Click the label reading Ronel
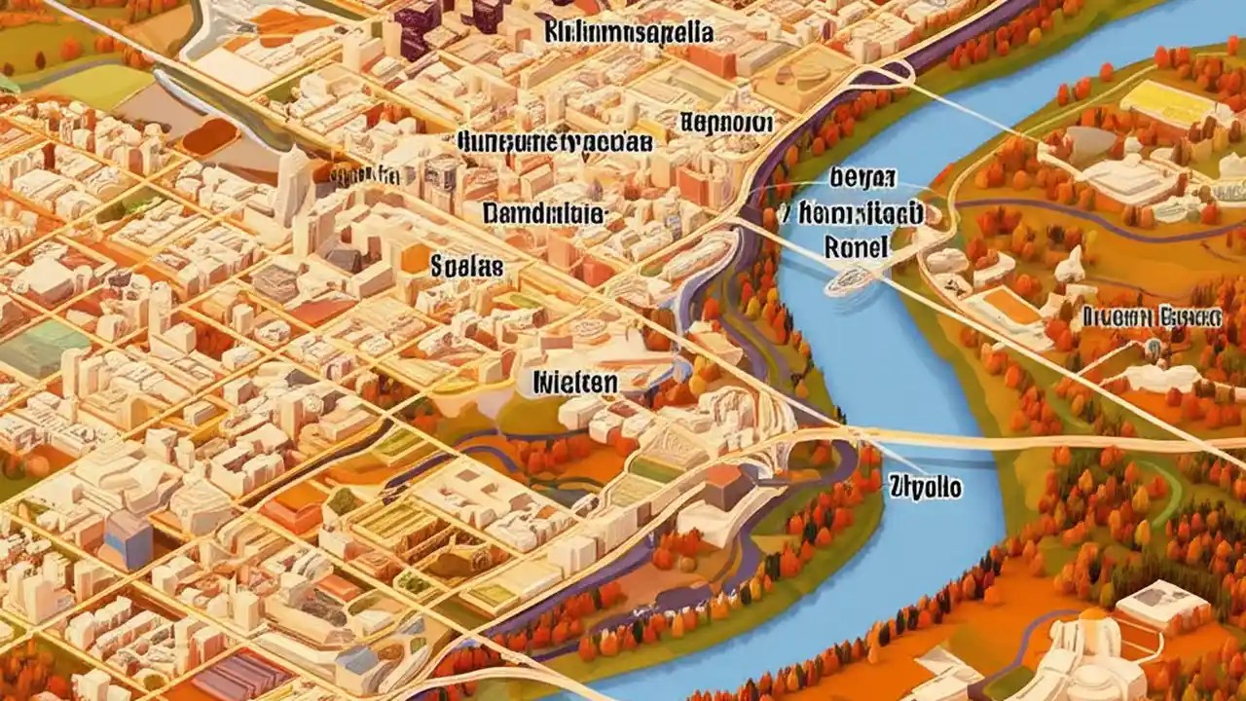[x=857, y=247]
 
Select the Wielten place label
[x=575, y=383]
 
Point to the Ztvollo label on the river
[x=926, y=486]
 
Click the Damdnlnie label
[x=545, y=214]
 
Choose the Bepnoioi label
[x=726, y=124]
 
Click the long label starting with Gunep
[x=553, y=142]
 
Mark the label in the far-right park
[x=1151, y=315]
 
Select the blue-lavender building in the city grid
[x=128, y=538]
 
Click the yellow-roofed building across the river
[x=1168, y=102]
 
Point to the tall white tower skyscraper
[x=290, y=185]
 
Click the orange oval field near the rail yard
[x=209, y=136]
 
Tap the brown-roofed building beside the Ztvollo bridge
[x=724, y=484]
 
